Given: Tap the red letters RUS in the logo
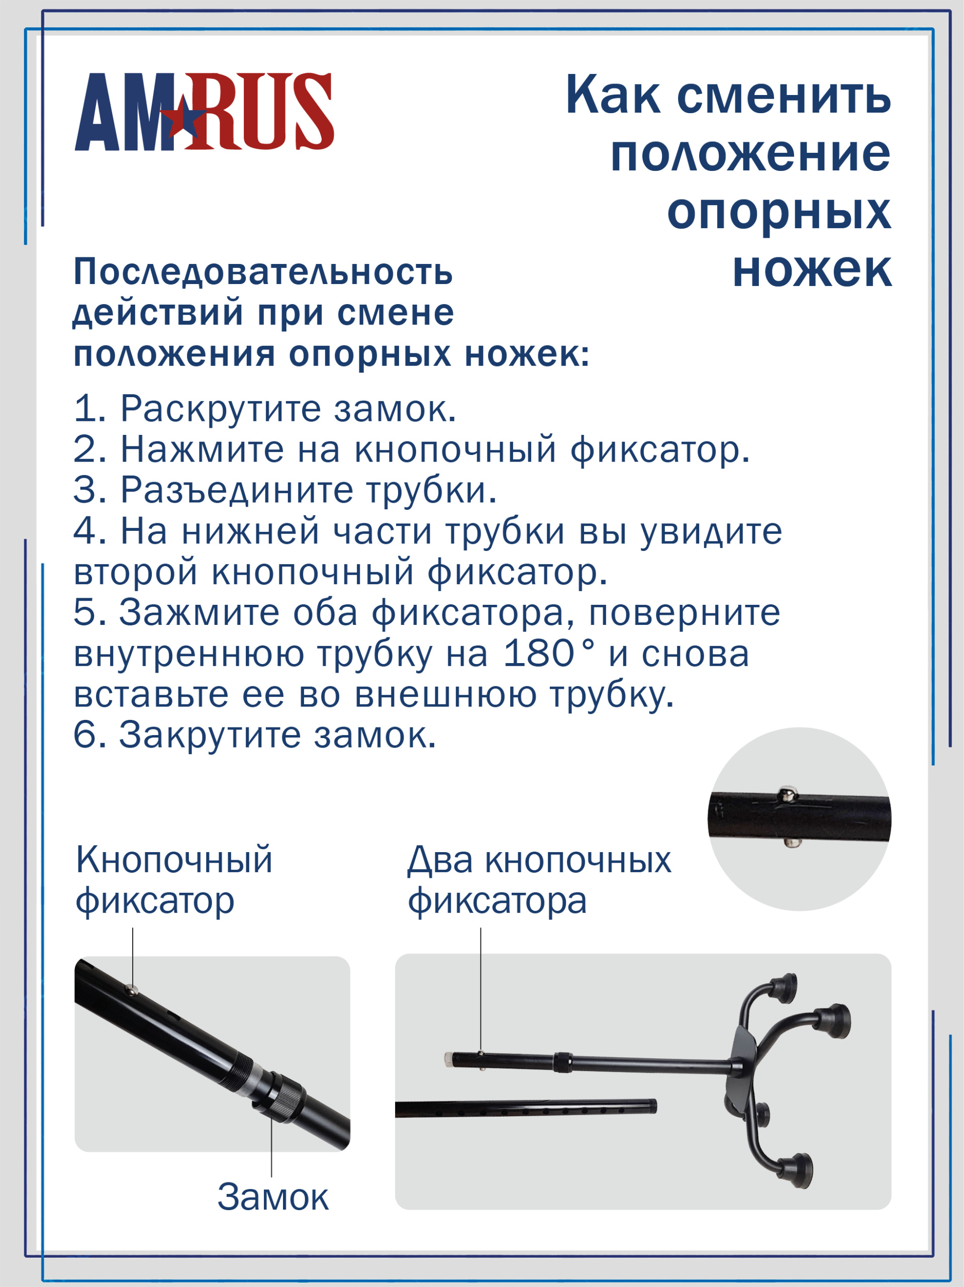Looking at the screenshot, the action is click(259, 111).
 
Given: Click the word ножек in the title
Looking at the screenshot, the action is click(812, 270).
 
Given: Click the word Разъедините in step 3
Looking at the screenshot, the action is click(236, 491).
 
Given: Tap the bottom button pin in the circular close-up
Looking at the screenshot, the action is click(790, 842).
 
